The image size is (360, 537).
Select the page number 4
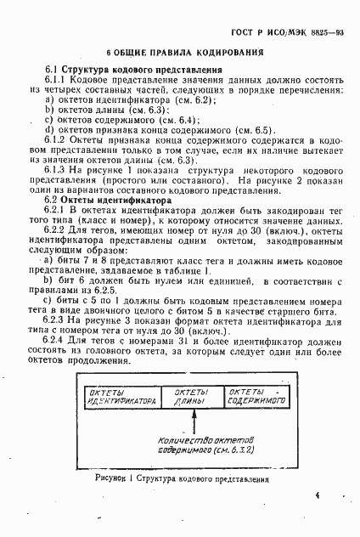[317, 495]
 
